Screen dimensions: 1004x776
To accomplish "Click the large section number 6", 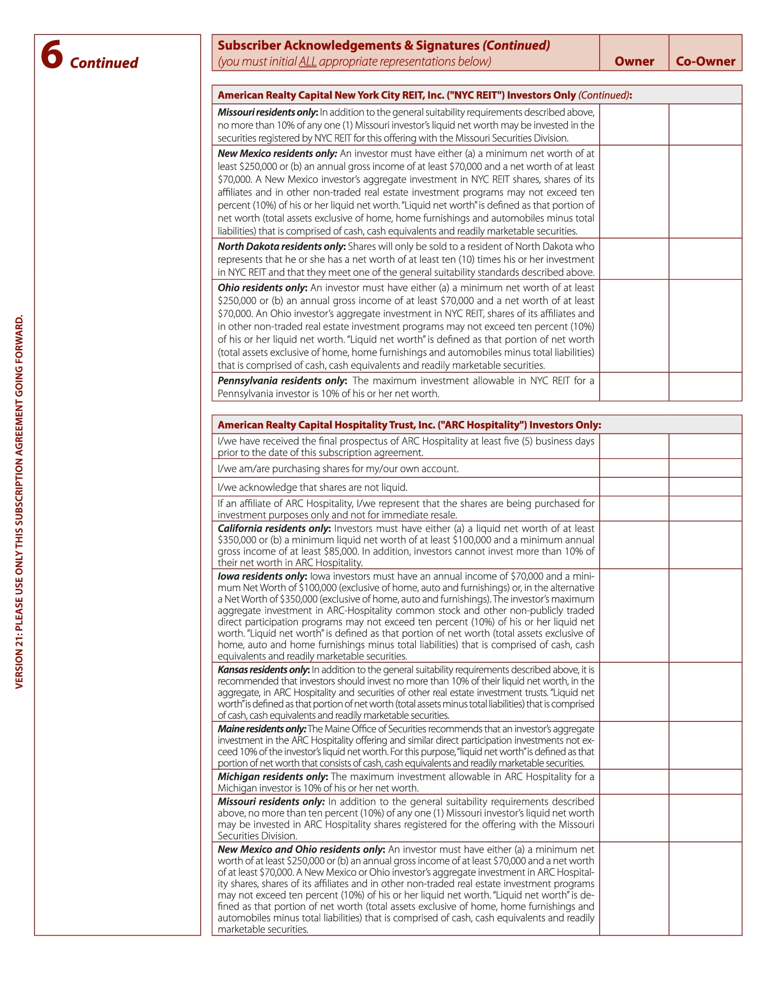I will click(52, 55).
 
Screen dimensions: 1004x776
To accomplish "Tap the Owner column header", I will click(634, 62).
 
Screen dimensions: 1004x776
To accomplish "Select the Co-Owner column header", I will click(705, 62).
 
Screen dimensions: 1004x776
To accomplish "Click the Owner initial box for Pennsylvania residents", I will click(634, 386).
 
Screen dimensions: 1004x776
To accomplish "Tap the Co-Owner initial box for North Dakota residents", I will click(705, 259).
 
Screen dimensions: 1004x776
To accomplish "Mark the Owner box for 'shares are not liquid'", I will click(634, 487).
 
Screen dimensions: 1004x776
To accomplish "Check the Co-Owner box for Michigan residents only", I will click(705, 782).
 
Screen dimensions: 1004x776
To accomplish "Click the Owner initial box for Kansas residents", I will click(634, 692).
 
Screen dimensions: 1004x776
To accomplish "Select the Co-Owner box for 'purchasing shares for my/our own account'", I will click(705, 468).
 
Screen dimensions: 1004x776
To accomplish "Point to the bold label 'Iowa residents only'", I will click(262, 576).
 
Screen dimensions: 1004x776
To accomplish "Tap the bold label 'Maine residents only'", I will click(262, 729).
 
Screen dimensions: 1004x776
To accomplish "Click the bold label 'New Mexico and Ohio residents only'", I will click(301, 850).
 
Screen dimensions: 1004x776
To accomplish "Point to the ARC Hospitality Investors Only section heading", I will click(409, 425).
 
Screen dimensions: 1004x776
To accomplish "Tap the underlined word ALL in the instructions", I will click(307, 62).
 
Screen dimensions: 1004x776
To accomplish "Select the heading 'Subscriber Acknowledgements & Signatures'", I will click(348, 45).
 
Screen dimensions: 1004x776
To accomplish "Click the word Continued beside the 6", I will click(104, 63).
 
